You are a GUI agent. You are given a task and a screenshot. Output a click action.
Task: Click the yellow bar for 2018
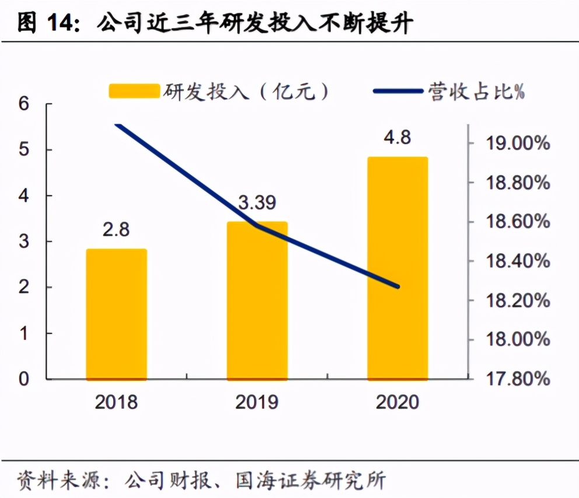point(116,314)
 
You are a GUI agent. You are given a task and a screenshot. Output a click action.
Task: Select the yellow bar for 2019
point(257,301)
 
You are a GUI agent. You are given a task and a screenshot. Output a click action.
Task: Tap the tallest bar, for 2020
point(397,268)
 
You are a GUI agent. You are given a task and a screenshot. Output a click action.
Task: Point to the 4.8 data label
point(397,138)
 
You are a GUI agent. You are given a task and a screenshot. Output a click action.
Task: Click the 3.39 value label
point(257,204)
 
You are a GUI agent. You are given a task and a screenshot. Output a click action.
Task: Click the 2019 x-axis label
point(257,402)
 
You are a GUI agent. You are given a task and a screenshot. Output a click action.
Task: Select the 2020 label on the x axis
point(397,402)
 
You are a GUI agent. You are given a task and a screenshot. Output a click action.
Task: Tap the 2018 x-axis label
point(116,402)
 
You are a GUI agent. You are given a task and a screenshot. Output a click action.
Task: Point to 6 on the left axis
point(24,104)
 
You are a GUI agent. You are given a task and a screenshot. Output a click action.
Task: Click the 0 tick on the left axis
point(24,379)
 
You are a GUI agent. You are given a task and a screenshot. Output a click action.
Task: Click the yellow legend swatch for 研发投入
point(134,91)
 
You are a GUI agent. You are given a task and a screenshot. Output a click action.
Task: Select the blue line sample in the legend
point(397,92)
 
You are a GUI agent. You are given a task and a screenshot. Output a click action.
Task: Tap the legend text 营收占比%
point(476,92)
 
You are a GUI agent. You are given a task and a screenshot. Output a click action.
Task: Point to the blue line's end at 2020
point(397,286)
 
